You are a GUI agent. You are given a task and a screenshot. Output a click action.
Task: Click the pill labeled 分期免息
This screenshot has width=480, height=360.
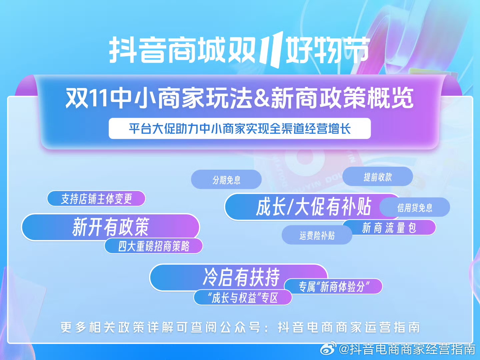[226, 179]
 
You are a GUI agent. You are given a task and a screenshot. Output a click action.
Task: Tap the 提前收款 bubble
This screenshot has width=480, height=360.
[378, 176]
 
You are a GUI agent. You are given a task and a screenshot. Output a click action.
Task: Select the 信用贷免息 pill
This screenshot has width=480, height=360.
[415, 207]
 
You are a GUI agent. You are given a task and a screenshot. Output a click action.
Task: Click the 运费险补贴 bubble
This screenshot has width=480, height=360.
[317, 235]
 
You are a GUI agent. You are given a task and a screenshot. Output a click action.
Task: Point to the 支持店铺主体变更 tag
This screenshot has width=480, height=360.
[96, 198]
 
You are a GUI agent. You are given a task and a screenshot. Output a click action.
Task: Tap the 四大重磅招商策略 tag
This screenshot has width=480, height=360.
[154, 246]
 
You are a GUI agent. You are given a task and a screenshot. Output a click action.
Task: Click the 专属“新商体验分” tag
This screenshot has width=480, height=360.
[334, 286]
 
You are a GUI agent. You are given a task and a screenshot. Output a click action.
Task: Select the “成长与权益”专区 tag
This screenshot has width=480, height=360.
[243, 297]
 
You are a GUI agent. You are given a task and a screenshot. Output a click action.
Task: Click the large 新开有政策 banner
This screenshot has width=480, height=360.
[110, 227]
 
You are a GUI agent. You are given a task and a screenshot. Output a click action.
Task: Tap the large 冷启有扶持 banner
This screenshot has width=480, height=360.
[239, 277]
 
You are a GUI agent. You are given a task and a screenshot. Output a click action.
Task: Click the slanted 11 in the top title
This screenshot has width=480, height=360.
[271, 49]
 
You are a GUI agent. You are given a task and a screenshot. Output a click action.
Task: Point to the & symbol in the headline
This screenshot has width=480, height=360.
[262, 98]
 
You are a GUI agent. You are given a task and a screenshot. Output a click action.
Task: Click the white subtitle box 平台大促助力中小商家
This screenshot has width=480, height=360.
[240, 129]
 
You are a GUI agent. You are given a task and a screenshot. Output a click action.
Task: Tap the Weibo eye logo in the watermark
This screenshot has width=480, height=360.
[328, 348]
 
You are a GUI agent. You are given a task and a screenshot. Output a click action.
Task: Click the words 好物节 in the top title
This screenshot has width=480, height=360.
[327, 50]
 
